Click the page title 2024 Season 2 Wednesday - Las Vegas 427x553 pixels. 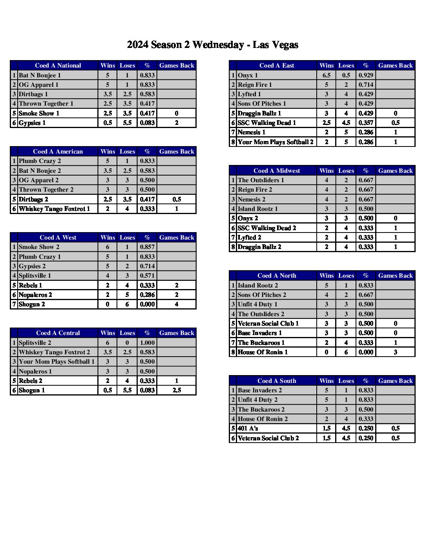pos(212,45)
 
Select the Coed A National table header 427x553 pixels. pos(58,66)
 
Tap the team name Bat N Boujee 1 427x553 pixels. pos(40,75)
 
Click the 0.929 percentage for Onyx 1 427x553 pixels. pos(366,75)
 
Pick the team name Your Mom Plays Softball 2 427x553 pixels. pos(276,142)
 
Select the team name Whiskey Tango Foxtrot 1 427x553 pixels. pos(54,209)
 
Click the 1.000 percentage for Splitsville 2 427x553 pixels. pos(147,342)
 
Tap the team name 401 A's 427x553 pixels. pos(248,428)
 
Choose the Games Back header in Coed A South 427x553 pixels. pos(395,381)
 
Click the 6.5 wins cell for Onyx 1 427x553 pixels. pos(326,75)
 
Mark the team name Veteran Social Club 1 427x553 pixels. pos(268,323)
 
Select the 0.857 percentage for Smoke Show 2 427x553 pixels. pos(147,247)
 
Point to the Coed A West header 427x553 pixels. pos(58,237)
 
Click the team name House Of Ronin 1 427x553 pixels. pos(263,352)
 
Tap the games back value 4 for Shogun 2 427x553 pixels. pos(177,304)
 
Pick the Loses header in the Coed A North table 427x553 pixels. pos(346,275)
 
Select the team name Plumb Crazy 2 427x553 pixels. pos(40,161)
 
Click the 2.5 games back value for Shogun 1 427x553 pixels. pos(177,390)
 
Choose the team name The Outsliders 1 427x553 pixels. pos(261,180)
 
